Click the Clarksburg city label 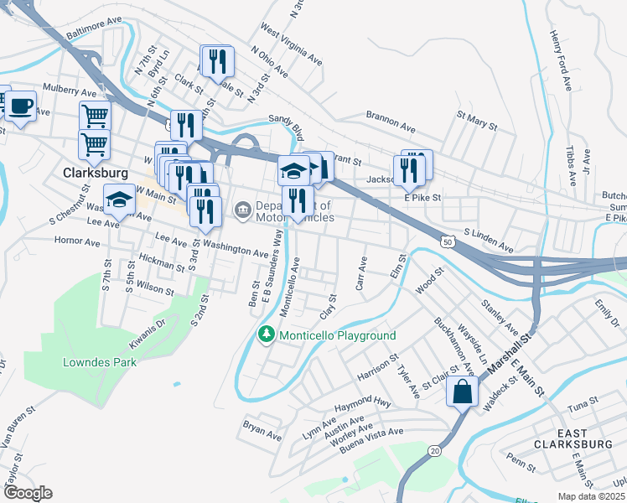coord(96,173)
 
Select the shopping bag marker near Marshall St coord(462,391)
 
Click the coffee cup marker coord(22,107)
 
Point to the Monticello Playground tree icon coord(267,335)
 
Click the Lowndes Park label coord(99,363)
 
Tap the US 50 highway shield coord(448,241)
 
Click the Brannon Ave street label coord(391,122)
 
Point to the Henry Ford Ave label coord(561,61)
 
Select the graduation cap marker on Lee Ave coord(120,201)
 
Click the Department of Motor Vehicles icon coord(243,208)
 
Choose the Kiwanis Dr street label coord(148,334)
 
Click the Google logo coord(28,493)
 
